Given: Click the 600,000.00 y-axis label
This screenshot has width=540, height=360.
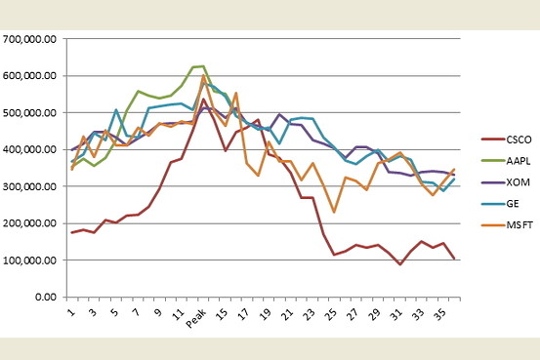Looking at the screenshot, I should tap(31, 76).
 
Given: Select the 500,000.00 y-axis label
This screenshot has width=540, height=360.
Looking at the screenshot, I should tap(31, 113).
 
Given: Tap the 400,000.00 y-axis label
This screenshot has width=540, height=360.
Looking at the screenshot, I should tap(31, 150).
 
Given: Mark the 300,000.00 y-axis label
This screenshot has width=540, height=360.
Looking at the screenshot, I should tap(31, 187).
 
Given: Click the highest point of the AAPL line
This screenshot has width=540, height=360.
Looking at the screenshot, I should tap(202, 66).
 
